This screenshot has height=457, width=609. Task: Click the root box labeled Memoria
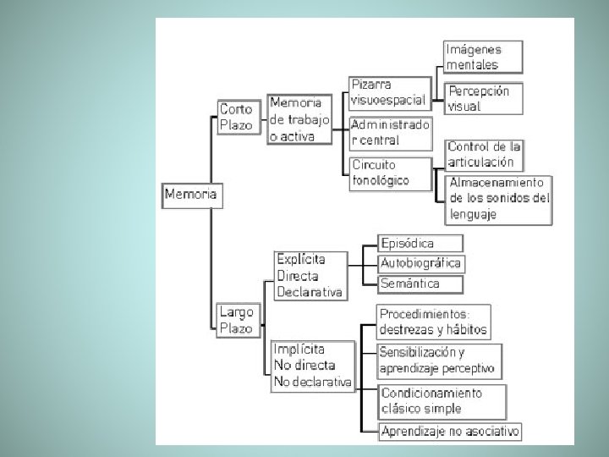[190, 194]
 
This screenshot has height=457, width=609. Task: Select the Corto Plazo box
[236, 117]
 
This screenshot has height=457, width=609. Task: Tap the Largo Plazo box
[236, 321]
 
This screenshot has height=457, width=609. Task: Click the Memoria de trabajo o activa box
[299, 119]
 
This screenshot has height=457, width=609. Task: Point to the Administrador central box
[385, 132]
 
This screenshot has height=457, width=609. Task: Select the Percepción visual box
[483, 98]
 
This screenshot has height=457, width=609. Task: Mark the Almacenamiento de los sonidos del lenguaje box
[500, 198]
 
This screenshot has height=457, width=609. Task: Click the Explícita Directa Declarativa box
[310, 275]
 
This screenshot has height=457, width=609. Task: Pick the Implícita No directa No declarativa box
[312, 366]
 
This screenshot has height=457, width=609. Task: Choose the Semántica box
[409, 284]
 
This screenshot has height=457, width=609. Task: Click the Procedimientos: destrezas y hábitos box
[433, 322]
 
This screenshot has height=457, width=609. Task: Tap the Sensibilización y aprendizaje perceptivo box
[436, 361]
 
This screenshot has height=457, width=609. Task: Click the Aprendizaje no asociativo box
[449, 432]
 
